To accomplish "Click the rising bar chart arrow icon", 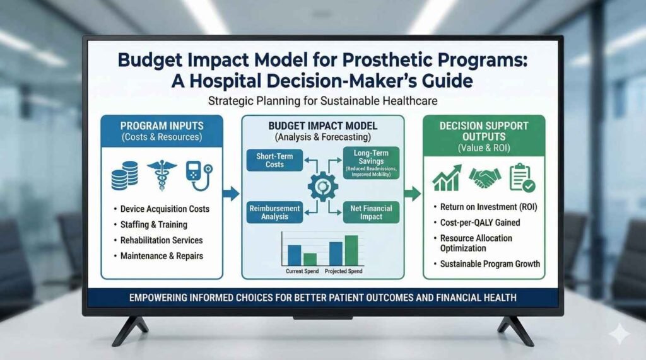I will click(447, 178).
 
